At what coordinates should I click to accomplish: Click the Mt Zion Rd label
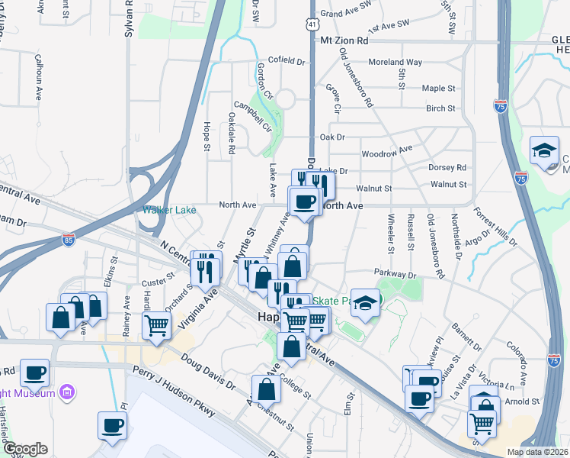pyautogui.click(x=344, y=40)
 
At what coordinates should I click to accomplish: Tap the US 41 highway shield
pyautogui.click(x=312, y=24)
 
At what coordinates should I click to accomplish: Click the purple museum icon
pyautogui.click(x=67, y=393)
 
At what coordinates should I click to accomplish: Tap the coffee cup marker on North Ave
pyautogui.click(x=305, y=202)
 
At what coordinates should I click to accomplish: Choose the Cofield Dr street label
pyautogui.click(x=287, y=61)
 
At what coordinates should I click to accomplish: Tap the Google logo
pyautogui.click(x=24, y=450)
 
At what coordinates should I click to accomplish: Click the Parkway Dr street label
pyautogui.click(x=394, y=274)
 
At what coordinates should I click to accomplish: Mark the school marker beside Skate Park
pyautogui.click(x=365, y=305)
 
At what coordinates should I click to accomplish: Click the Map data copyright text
pyautogui.click(x=537, y=452)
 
